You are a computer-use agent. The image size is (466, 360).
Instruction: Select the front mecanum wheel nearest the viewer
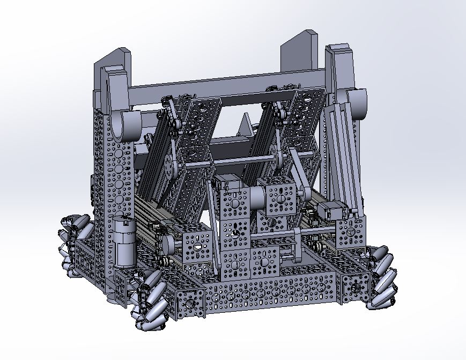(x=148, y=300)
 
